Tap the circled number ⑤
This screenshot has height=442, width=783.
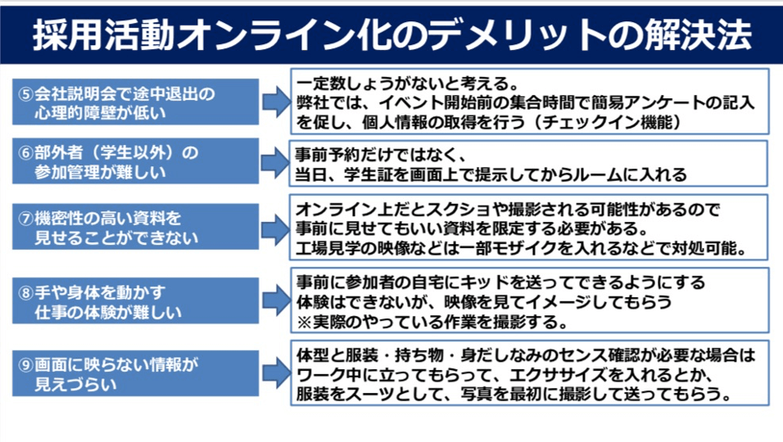click(26, 93)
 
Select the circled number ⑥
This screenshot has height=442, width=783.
click(26, 153)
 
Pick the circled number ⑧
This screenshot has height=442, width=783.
click(26, 291)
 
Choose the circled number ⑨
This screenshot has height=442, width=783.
click(26, 363)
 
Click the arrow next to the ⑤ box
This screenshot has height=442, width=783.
click(275, 101)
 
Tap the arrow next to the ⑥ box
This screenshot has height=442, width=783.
click(275, 162)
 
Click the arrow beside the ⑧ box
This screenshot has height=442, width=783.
click(275, 300)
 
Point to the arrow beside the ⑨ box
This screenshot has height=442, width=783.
click(275, 372)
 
